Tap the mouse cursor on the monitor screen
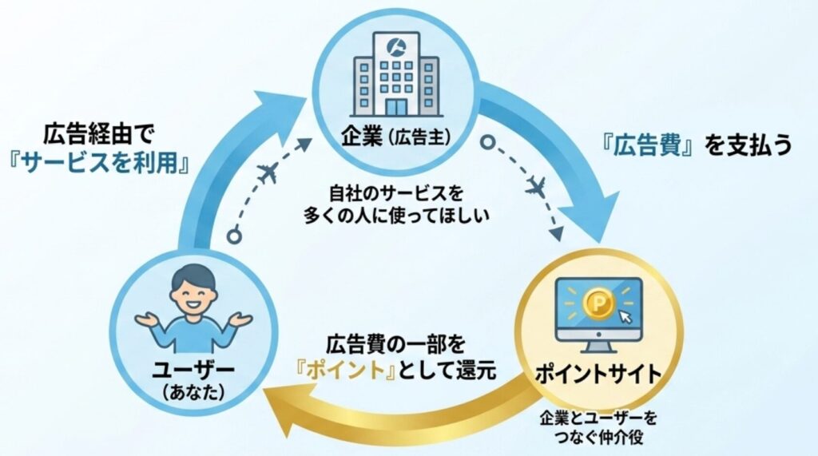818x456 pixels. (625, 319)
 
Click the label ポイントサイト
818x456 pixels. (598, 372)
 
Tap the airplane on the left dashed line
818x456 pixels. (269, 172)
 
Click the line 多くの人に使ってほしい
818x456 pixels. (397, 216)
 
